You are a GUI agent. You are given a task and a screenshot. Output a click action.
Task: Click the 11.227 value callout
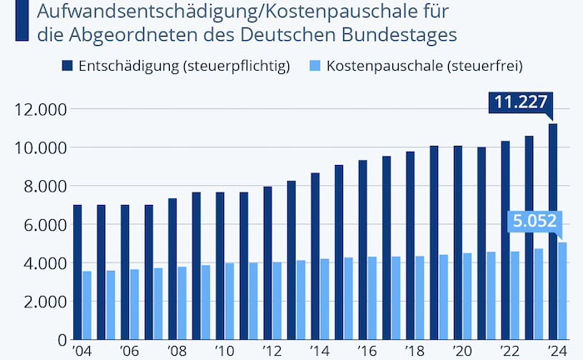point(521,102)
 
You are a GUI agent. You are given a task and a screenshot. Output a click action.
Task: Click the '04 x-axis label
point(81,351)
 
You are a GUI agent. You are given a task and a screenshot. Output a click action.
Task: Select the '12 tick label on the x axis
point(272,351)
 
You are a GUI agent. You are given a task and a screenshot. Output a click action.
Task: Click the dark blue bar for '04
point(77,272)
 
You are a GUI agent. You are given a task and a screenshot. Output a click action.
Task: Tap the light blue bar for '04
point(87,305)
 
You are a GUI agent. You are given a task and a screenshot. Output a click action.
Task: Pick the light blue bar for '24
point(563,291)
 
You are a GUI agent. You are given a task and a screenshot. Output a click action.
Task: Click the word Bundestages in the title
point(403,35)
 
